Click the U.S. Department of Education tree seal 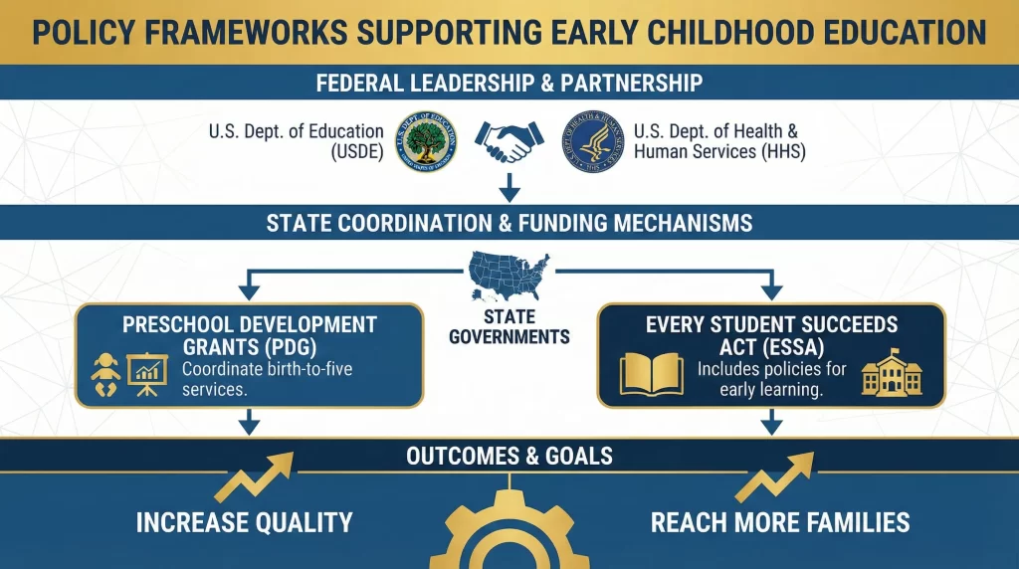tap(425, 141)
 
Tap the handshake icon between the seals tap(509, 140)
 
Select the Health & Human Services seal tap(594, 141)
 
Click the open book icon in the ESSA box tap(652, 374)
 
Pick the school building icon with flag tap(891, 373)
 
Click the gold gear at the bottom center tap(509, 527)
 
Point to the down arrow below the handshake tap(509, 185)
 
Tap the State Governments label tap(509, 326)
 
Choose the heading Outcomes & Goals tap(509, 457)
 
